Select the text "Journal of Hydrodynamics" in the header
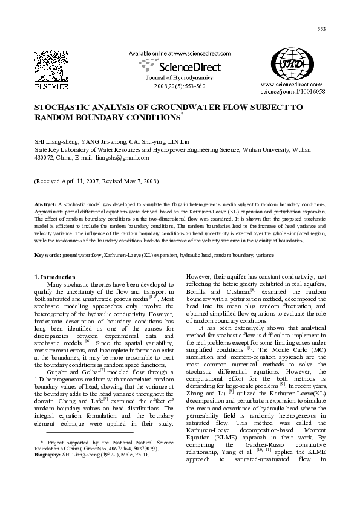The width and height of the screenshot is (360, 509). [x=180, y=79]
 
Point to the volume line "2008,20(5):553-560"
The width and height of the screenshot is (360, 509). [x=180, y=86]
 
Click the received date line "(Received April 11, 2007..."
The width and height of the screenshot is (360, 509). [x=96, y=181]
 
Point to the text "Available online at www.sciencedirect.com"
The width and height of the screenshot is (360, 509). [x=180, y=53]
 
